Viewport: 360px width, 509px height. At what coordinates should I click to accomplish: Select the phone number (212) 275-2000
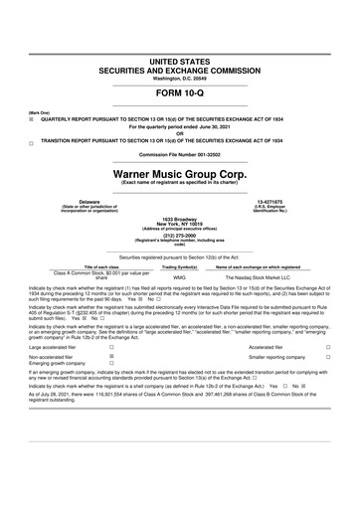(179, 237)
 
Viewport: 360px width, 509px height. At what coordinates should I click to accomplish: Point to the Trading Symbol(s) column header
(179, 267)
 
